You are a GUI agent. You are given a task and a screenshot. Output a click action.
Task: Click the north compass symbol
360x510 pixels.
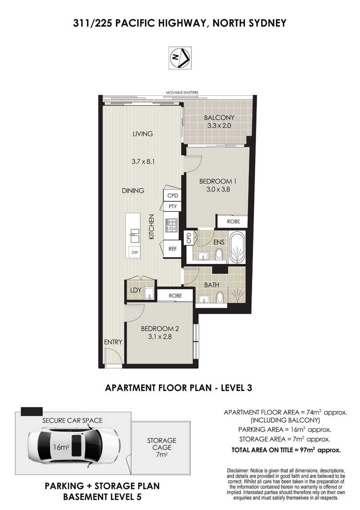coord(180,58)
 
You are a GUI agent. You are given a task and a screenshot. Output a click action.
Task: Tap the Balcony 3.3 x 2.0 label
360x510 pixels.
coord(219,122)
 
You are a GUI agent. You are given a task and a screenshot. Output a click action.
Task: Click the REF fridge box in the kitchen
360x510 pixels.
coord(172,249)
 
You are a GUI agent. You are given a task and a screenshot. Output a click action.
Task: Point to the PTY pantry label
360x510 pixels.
coord(173,206)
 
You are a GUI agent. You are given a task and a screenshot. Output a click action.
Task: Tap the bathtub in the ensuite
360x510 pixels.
coord(237,247)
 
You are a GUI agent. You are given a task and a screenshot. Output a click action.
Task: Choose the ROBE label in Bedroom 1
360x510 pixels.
coord(233,221)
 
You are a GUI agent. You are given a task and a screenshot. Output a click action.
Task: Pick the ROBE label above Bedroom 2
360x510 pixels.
coord(175,296)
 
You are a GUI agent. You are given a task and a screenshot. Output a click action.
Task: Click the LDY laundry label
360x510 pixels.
coord(135,290)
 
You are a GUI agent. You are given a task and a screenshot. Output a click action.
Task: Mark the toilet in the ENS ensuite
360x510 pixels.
coord(219,254)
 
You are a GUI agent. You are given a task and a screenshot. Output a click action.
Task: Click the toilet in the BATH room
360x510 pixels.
coord(220,297)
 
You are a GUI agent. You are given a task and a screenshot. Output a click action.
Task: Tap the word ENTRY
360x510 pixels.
coord(113,342)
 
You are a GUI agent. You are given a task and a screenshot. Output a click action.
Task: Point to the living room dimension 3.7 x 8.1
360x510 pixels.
coord(143,161)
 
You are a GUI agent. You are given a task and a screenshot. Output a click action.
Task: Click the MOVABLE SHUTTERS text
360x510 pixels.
coord(182,93)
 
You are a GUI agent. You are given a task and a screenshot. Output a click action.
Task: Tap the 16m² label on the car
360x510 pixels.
coord(61,447)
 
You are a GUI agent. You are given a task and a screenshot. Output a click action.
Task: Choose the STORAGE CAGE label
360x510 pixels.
coord(162,444)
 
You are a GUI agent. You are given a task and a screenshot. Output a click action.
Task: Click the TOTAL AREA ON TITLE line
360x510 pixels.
coord(286,450)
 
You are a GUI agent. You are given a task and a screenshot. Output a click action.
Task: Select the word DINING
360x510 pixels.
coord(133,191)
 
